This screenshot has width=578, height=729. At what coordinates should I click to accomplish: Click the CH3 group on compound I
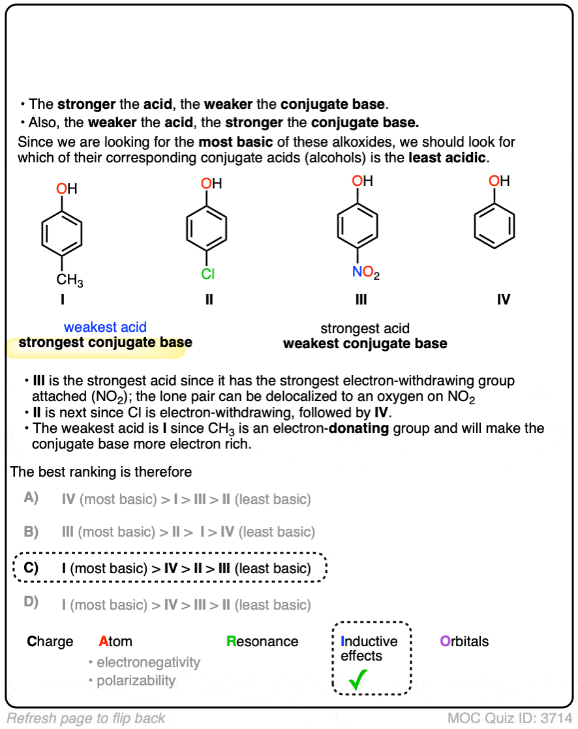69,281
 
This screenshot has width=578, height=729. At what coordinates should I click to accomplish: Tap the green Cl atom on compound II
207,275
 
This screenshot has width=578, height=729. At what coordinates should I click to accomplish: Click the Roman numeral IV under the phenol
503,300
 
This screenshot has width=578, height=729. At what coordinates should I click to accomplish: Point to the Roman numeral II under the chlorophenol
208,300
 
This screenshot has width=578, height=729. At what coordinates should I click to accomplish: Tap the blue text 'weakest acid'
105,327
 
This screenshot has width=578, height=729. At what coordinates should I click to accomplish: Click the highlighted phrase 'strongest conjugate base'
105,343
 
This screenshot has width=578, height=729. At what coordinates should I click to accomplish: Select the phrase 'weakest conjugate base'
365,344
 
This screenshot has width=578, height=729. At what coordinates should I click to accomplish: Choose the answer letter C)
31,568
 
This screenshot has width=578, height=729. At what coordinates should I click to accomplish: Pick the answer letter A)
31,499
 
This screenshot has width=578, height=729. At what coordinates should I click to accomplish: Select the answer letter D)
31,603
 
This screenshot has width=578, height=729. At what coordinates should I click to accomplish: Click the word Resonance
262,642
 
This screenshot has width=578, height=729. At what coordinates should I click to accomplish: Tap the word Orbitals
464,642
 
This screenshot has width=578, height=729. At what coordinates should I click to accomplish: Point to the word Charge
50,642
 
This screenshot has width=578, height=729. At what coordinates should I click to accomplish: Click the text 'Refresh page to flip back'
85,719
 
